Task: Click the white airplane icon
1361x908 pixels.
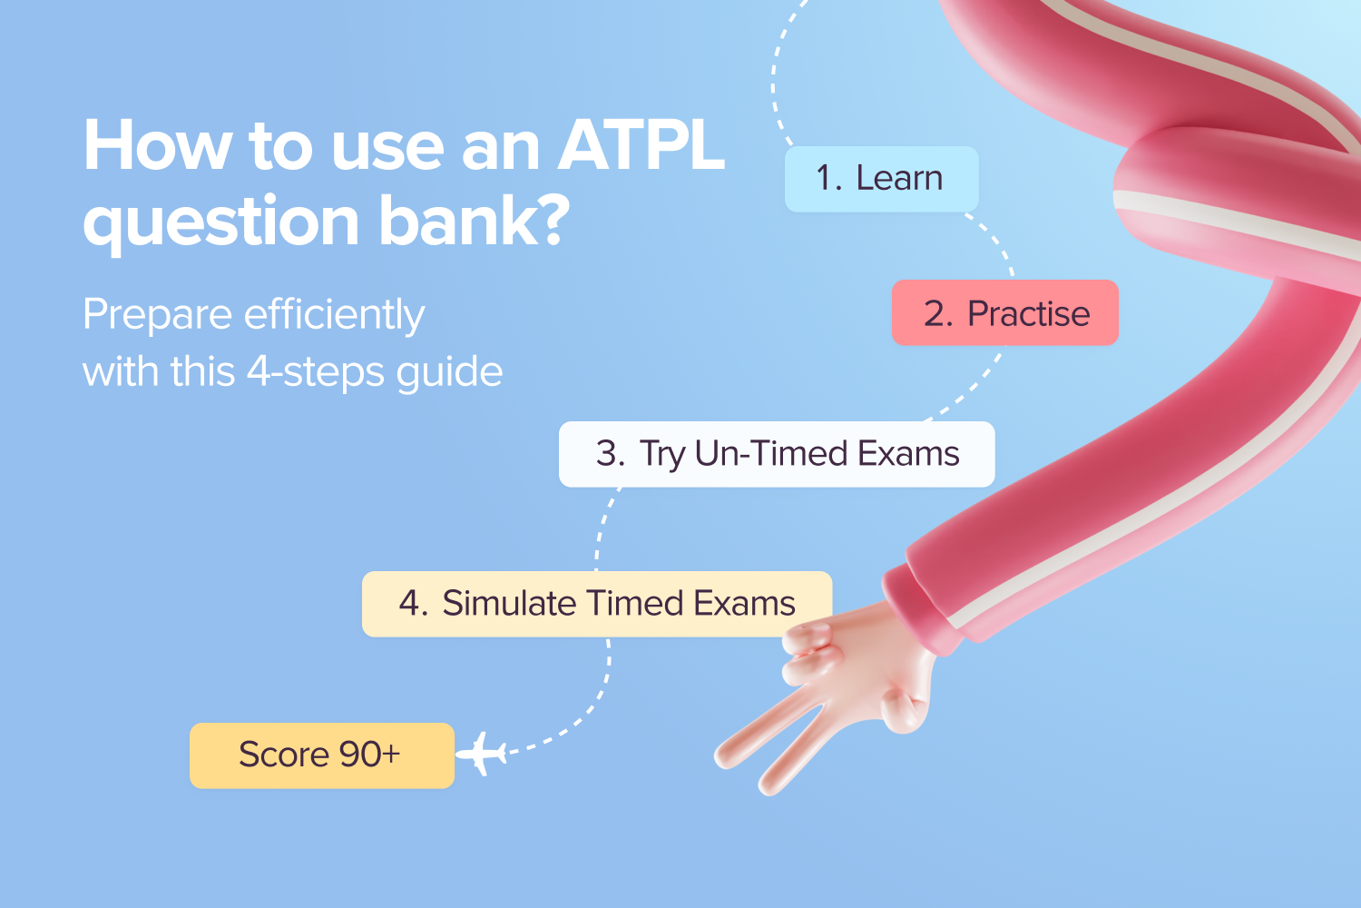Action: (482, 753)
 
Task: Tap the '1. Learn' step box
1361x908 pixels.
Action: (881, 179)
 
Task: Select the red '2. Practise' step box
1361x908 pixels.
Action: (1005, 313)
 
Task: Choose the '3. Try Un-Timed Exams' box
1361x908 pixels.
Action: (777, 454)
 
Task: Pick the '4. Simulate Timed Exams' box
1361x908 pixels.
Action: (596, 604)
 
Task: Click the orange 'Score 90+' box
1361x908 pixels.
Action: (321, 755)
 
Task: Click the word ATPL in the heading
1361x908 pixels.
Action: (641, 145)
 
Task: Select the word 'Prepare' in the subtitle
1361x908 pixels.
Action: (157, 316)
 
